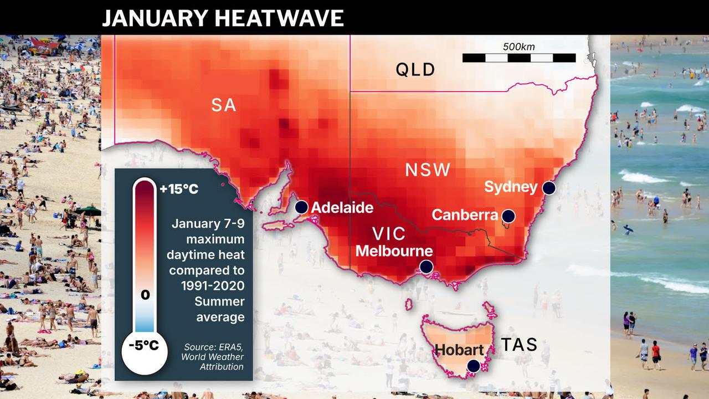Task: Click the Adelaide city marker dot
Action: tap(301, 207)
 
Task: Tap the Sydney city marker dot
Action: tap(548, 188)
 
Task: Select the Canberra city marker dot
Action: tap(508, 216)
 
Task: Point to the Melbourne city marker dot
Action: tap(426, 267)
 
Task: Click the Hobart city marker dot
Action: tap(473, 366)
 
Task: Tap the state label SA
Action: tap(224, 105)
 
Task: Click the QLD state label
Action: tap(415, 70)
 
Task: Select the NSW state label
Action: tap(428, 170)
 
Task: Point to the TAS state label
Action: tap(519, 345)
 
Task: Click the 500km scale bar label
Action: tap(518, 47)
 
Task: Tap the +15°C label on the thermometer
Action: tap(178, 189)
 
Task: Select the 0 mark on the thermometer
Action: tap(145, 294)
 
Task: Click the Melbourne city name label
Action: tap(394, 250)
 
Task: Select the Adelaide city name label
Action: tap(342, 208)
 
